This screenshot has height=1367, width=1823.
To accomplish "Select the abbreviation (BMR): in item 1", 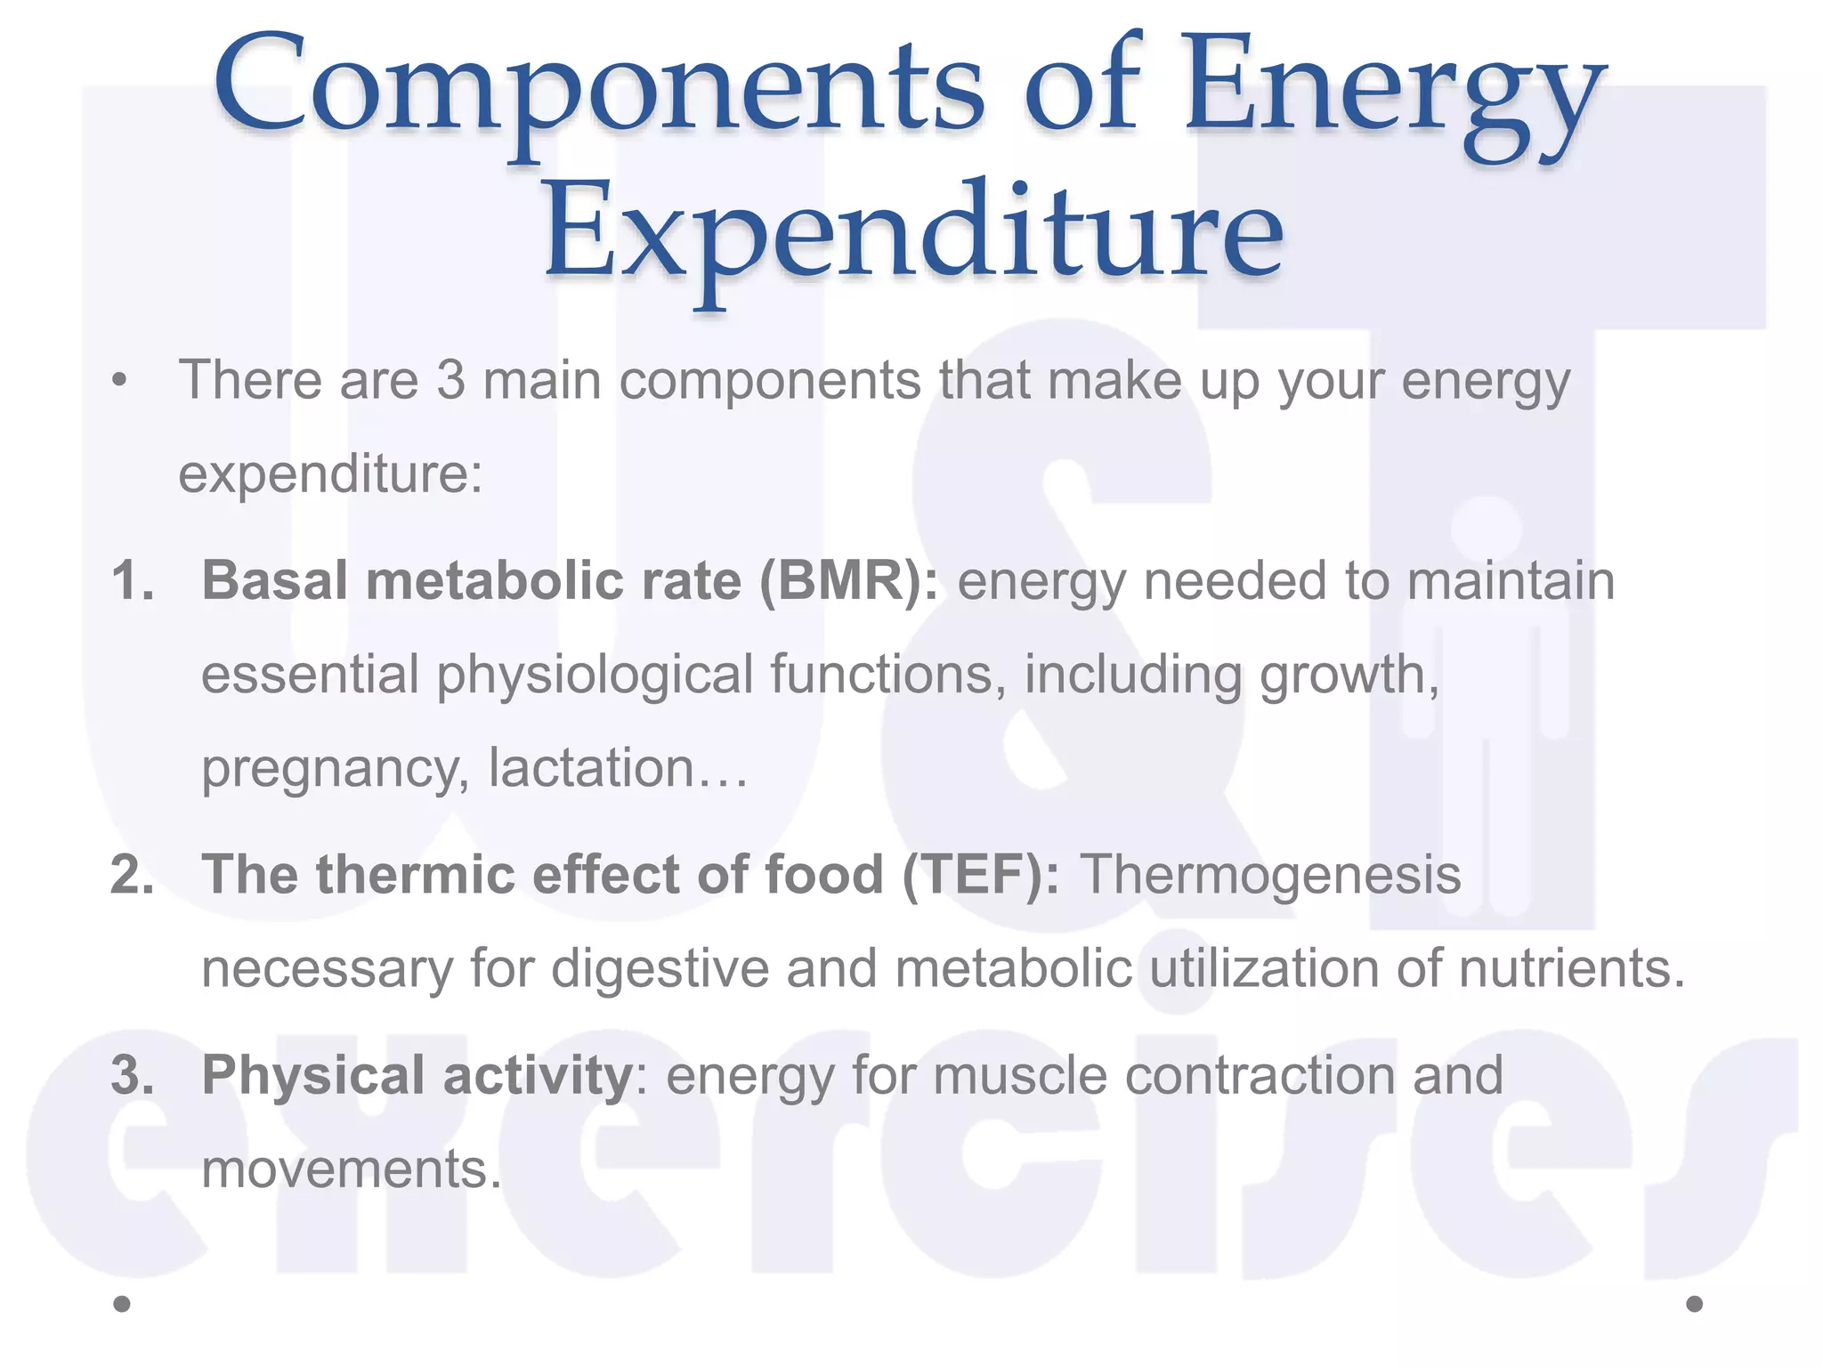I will [x=848, y=581].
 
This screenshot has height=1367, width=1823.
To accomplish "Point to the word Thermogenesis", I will [x=1270, y=874].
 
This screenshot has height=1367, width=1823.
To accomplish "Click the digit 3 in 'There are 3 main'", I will [x=450, y=380].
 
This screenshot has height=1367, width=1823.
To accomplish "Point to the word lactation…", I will [x=619, y=768].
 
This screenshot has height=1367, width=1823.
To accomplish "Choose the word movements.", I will [x=352, y=1169].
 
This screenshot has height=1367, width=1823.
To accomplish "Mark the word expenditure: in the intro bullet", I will [x=330, y=475].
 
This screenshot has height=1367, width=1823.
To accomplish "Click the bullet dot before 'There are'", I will [x=119, y=382].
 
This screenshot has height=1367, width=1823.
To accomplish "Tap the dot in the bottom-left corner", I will [x=123, y=1304].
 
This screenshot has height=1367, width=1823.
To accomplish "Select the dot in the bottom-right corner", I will [x=1695, y=1304].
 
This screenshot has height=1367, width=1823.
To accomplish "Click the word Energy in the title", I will [x=1393, y=89].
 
